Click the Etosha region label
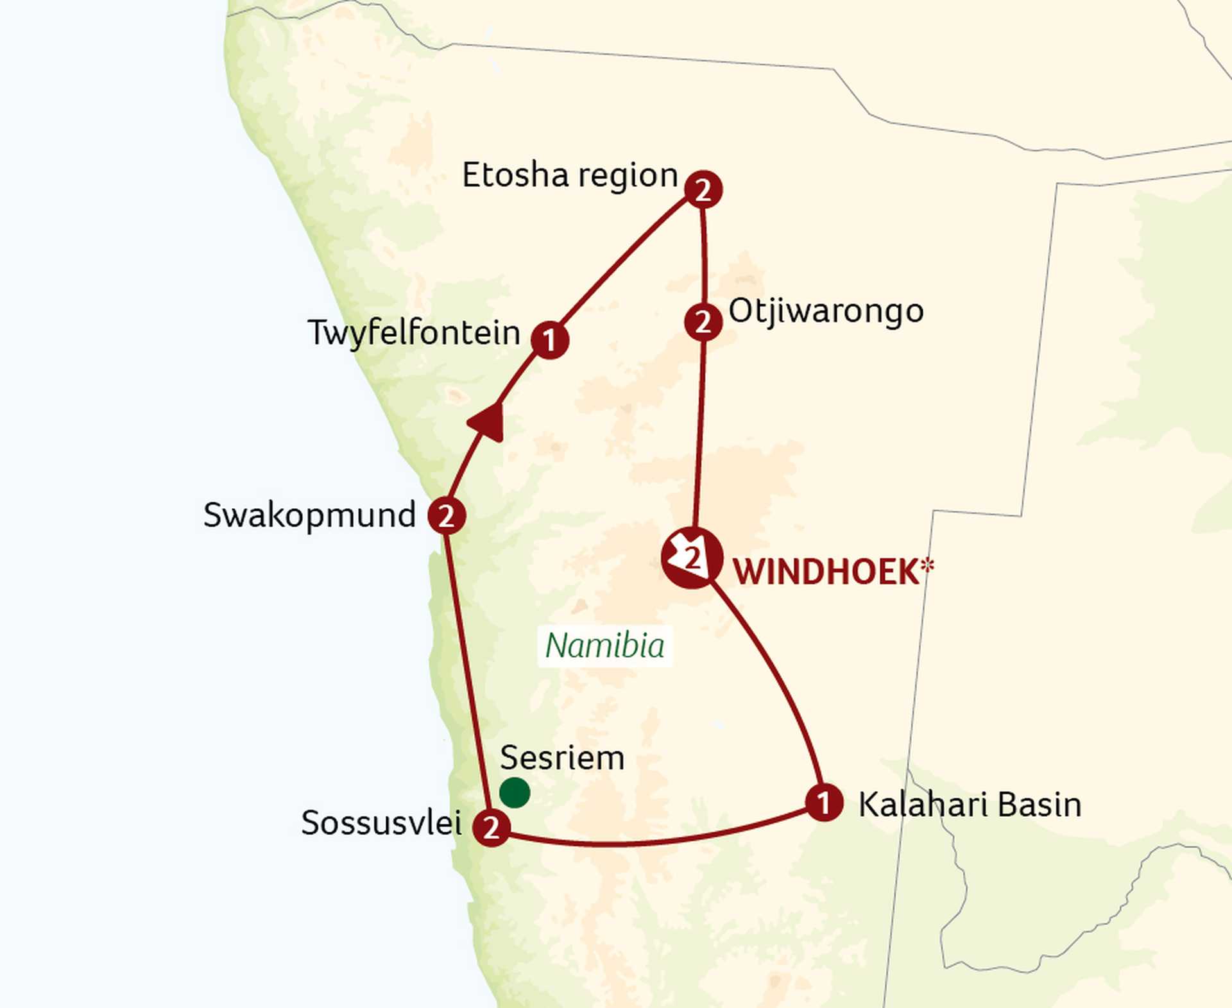[x=569, y=175]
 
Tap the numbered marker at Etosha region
[x=703, y=189]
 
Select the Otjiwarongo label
[x=826, y=311]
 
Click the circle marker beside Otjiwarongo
[x=703, y=321]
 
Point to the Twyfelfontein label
[x=414, y=333]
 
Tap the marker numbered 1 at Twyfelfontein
[x=550, y=339]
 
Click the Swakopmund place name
[x=309, y=515]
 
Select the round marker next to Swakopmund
[x=447, y=515]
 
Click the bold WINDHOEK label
[x=826, y=572]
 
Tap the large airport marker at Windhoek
[x=692, y=558]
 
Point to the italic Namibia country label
[x=604, y=645]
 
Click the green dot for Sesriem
[x=515, y=792]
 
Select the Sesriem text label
[x=562, y=758]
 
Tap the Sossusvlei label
[x=381, y=823]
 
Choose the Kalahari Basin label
[x=970, y=805]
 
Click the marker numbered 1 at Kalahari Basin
[x=824, y=802]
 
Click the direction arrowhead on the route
[x=488, y=422]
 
